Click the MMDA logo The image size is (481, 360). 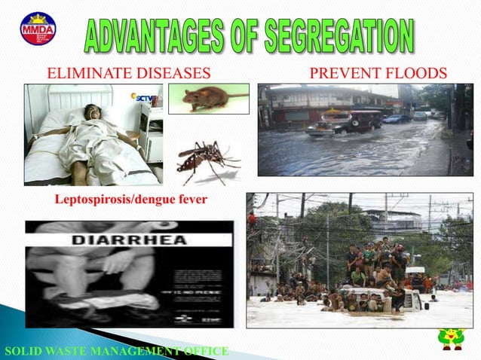pyautogui.click(x=38, y=29)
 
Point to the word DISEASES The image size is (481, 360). pyautogui.click(x=170, y=73)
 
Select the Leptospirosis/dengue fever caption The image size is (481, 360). pyautogui.click(x=131, y=200)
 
